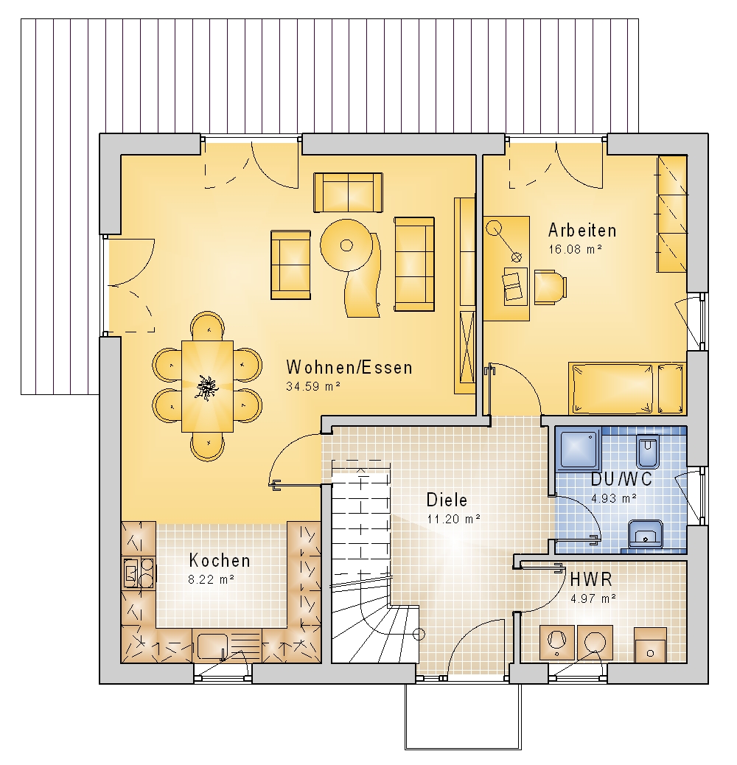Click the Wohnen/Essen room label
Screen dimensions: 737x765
(349, 367)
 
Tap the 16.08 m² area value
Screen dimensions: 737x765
(575, 249)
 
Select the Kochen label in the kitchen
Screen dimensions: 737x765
(220, 561)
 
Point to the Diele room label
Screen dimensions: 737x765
(447, 500)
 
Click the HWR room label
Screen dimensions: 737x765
(591, 579)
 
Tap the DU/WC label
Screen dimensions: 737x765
(621, 479)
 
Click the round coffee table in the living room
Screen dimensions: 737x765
(347, 245)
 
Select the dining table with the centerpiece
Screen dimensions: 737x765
(207, 386)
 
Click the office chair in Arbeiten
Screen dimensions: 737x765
(551, 287)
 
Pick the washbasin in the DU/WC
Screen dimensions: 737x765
(645, 534)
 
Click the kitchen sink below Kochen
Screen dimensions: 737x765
(212, 646)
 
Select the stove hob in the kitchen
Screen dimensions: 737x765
(139, 573)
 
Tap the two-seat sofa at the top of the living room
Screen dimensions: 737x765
(349, 192)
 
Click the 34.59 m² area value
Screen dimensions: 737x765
(312, 386)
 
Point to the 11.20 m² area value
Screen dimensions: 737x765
(453, 519)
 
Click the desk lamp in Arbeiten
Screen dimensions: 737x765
(505, 241)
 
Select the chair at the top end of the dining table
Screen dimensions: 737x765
(208, 326)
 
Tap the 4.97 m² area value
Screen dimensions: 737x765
(593, 598)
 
